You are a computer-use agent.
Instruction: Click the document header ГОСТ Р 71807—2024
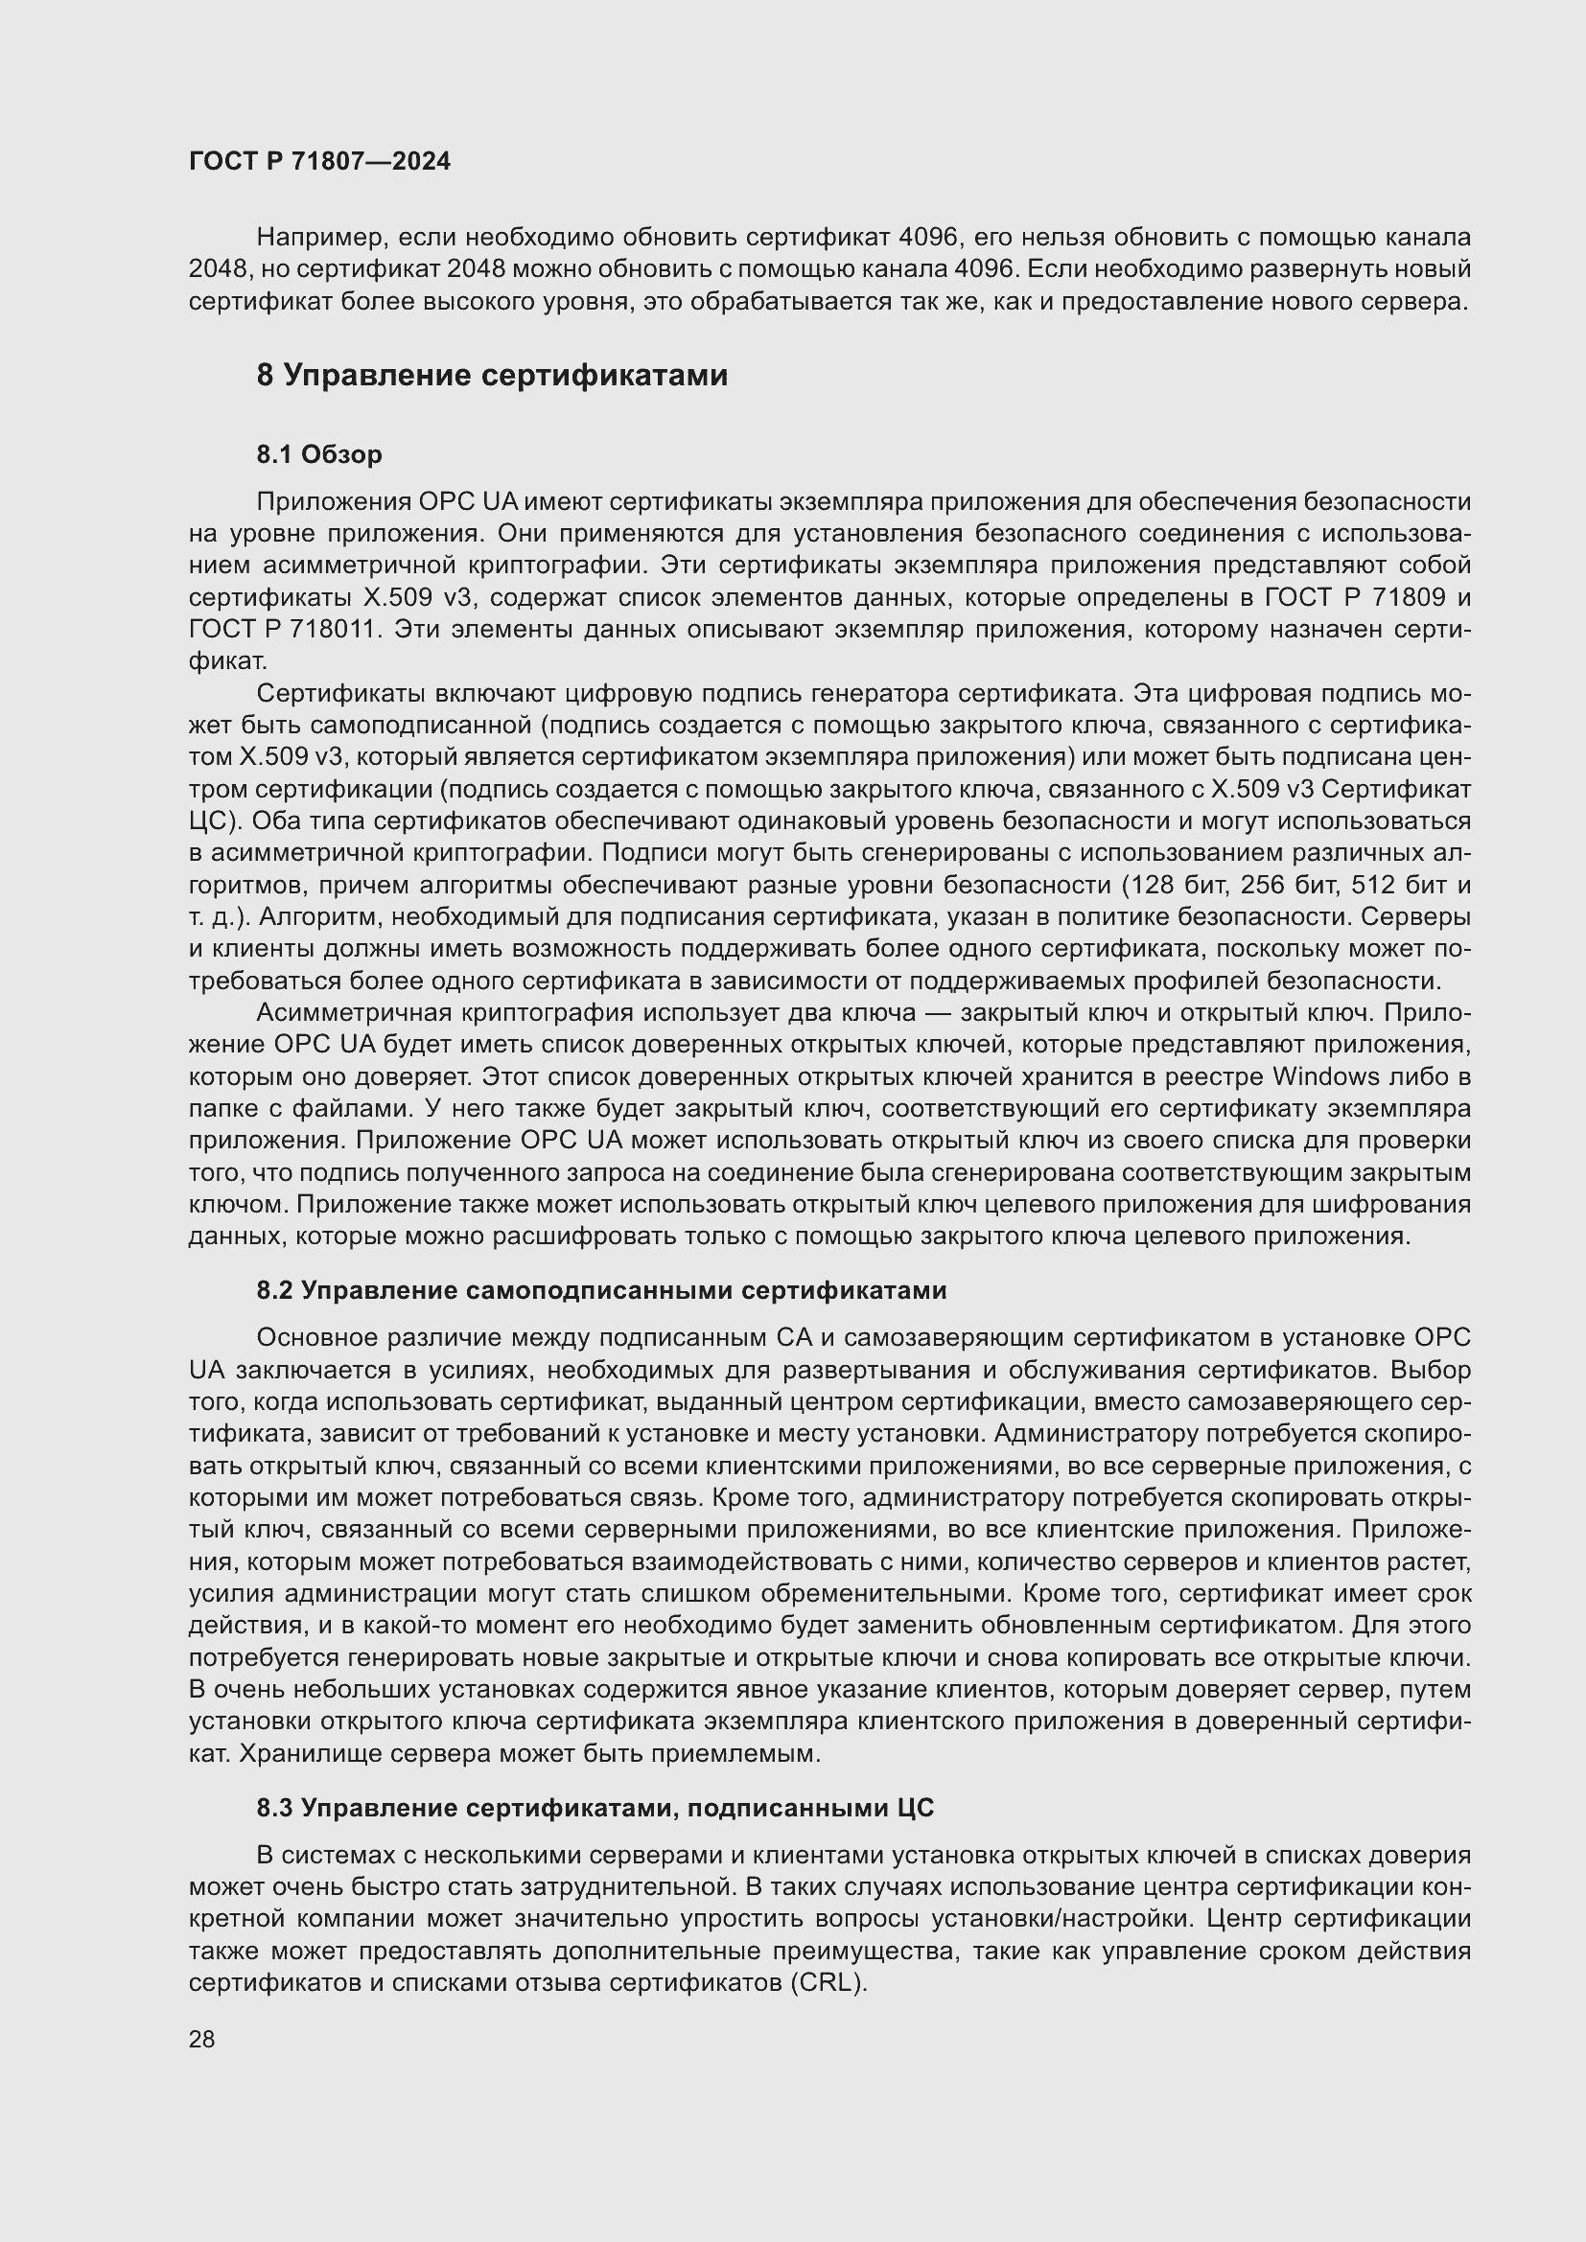319,161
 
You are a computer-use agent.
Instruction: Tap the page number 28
201,2039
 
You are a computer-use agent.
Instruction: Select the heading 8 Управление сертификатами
492,375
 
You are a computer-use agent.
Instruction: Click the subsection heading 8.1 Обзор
319,454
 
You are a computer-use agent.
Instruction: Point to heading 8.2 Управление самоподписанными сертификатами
601,1290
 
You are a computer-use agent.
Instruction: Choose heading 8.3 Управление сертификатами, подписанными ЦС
595,1808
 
